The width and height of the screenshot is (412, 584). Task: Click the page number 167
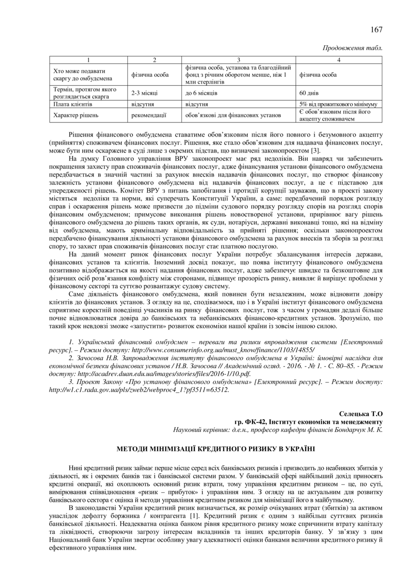pos(376,30)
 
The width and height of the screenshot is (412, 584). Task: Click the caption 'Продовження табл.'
pos(352,48)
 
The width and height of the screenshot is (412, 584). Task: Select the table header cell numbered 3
pos(238,60)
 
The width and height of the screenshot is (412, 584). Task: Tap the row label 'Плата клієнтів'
pos(73,104)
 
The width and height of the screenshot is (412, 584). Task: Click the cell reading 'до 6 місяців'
pos(201,93)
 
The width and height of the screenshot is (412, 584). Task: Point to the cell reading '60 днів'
pos(309,93)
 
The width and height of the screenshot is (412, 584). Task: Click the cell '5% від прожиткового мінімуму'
pos(338,104)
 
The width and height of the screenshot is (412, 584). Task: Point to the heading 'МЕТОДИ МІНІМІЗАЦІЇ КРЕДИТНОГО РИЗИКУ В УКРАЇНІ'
pos(216,449)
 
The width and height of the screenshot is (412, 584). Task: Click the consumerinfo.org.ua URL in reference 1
pos(223,351)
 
